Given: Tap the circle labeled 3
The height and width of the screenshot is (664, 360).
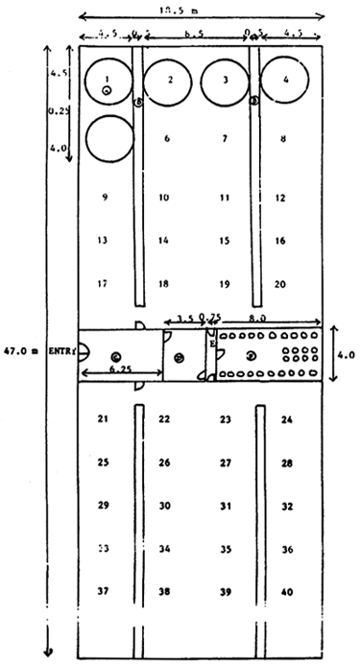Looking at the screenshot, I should click(225, 81).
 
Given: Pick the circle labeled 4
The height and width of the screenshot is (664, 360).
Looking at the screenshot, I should click(286, 81).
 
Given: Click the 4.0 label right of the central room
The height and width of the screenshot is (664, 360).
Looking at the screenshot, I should click(345, 353).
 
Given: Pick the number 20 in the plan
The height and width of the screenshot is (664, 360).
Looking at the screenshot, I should click(279, 284).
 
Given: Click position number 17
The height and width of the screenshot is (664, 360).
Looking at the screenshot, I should click(103, 284).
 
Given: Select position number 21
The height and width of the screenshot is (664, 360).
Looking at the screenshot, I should click(103, 418).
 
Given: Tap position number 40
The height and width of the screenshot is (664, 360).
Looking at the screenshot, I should click(286, 592).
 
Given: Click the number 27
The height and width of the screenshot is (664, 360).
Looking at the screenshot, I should click(225, 462).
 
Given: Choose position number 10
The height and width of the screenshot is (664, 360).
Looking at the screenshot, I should click(164, 197).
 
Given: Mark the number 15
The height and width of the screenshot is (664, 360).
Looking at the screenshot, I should click(225, 241).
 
